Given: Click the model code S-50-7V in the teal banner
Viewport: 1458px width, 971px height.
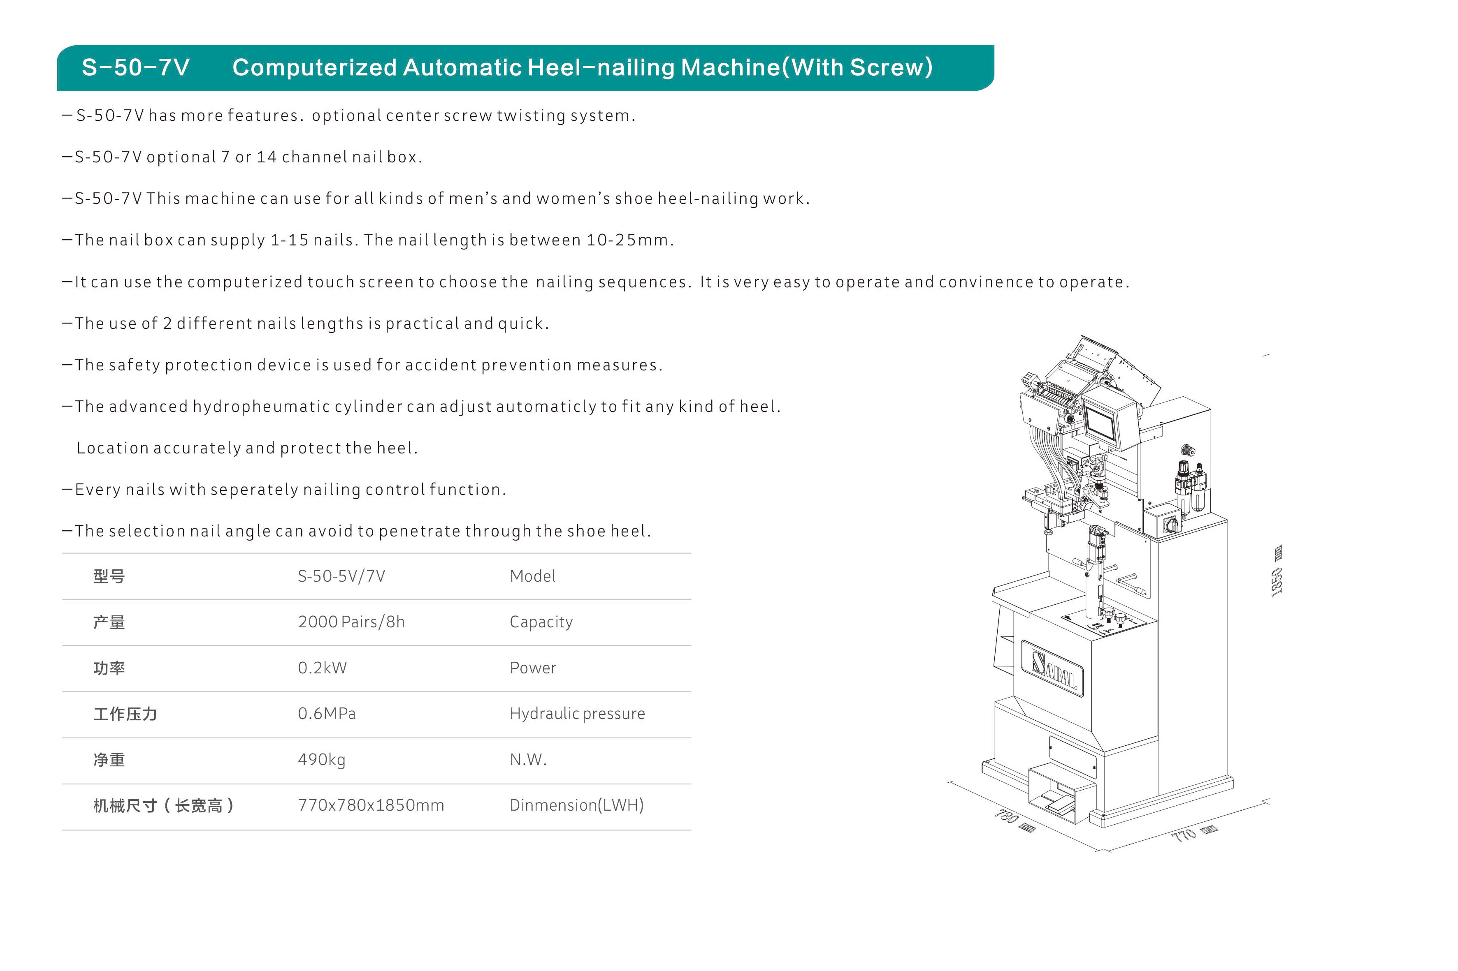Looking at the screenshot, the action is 136,67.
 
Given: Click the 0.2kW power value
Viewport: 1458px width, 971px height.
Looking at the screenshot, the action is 322,668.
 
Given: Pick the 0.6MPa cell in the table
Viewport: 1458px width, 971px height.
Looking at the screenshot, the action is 327,713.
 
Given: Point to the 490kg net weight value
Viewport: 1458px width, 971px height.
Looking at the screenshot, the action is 322,760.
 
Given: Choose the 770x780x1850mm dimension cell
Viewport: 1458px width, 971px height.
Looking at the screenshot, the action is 371,805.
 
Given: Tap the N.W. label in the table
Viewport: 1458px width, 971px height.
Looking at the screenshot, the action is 528,760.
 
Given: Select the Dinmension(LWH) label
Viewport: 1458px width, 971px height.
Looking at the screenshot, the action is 576,805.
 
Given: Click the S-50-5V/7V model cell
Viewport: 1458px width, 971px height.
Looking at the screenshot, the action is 341,576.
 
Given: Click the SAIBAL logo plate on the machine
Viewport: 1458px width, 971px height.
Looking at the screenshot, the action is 1052,668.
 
